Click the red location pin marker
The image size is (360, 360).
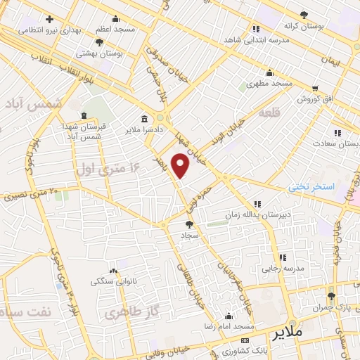tap(181, 165)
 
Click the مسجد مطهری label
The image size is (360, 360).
tap(269, 84)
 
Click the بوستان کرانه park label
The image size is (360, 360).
tap(304, 25)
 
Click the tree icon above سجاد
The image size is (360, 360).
tap(188, 225)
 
